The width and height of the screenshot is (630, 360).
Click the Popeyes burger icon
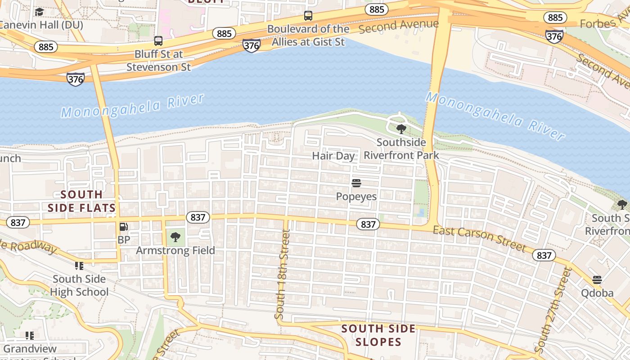coord(356,183)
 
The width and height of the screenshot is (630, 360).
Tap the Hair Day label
coord(333,156)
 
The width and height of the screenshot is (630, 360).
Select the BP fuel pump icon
coord(123,227)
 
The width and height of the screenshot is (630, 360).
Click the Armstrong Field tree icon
coord(175,237)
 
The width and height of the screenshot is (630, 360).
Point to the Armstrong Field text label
coord(175,251)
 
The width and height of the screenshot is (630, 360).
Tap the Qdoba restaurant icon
coord(597,280)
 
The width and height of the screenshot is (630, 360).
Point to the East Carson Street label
coord(479,239)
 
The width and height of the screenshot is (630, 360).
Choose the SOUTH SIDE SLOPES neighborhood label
coord(378,335)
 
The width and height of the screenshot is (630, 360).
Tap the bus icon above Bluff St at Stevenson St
coord(158,41)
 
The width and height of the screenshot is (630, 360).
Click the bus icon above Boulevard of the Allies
coord(308,16)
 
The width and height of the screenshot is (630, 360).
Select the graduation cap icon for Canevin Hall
coord(40,12)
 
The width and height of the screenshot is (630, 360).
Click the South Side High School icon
coord(79,266)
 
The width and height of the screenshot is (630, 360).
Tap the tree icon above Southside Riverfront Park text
coord(401,130)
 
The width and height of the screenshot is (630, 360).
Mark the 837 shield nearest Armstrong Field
coord(198,217)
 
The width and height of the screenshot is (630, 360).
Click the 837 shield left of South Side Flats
coord(18,222)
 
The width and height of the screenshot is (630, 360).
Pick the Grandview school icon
coord(30,336)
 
